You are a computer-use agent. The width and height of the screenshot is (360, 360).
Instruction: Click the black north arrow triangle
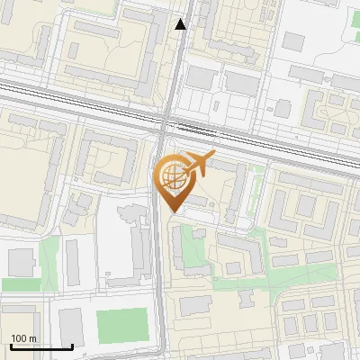[181, 24]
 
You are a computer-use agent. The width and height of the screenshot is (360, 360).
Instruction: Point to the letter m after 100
[33, 338]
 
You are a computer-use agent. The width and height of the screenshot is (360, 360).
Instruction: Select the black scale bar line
[41, 346]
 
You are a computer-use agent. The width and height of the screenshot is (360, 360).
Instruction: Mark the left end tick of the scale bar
[11, 345]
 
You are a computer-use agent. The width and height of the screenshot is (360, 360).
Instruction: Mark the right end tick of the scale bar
[72, 345]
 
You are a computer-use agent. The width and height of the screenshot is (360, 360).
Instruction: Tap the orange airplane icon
[197, 165]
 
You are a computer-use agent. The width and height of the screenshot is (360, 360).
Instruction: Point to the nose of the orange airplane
[213, 156]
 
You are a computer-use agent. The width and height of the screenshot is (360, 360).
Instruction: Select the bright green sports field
[121, 323]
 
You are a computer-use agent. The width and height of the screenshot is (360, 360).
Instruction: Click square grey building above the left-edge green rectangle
[20, 262]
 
